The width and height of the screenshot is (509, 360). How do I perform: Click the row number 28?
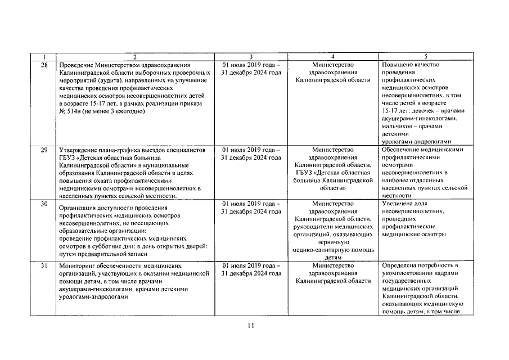click(x=44, y=65)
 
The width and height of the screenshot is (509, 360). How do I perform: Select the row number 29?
click(x=44, y=151)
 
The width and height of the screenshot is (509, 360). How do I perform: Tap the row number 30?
click(x=44, y=204)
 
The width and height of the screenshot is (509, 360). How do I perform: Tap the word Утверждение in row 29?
click(x=79, y=151)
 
